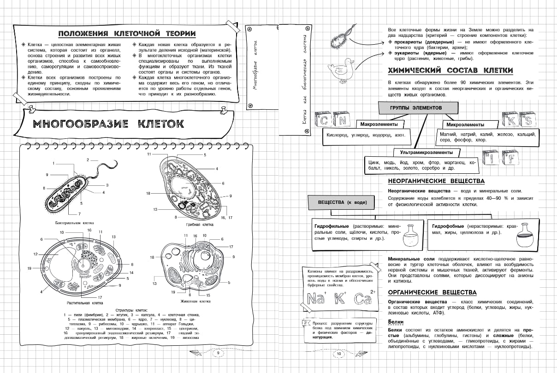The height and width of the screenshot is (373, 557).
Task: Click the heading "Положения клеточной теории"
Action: click(127, 33)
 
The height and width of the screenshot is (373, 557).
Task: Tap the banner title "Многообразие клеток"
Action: click(109, 124)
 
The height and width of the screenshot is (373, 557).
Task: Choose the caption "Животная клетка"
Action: click(198, 301)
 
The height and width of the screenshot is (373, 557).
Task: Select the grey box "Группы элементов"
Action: click(416, 107)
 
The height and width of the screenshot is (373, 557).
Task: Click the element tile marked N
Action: click(343, 121)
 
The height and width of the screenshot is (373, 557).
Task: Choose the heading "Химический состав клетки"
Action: click(450, 71)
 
